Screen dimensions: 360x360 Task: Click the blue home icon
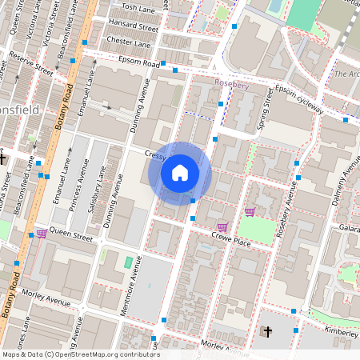click(x=180, y=173)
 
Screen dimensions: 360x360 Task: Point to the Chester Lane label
click(x=128, y=42)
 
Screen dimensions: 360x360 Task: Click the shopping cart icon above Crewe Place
click(x=250, y=212)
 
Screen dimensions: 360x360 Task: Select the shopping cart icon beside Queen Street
click(x=40, y=234)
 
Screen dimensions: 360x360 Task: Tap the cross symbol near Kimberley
click(x=268, y=331)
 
